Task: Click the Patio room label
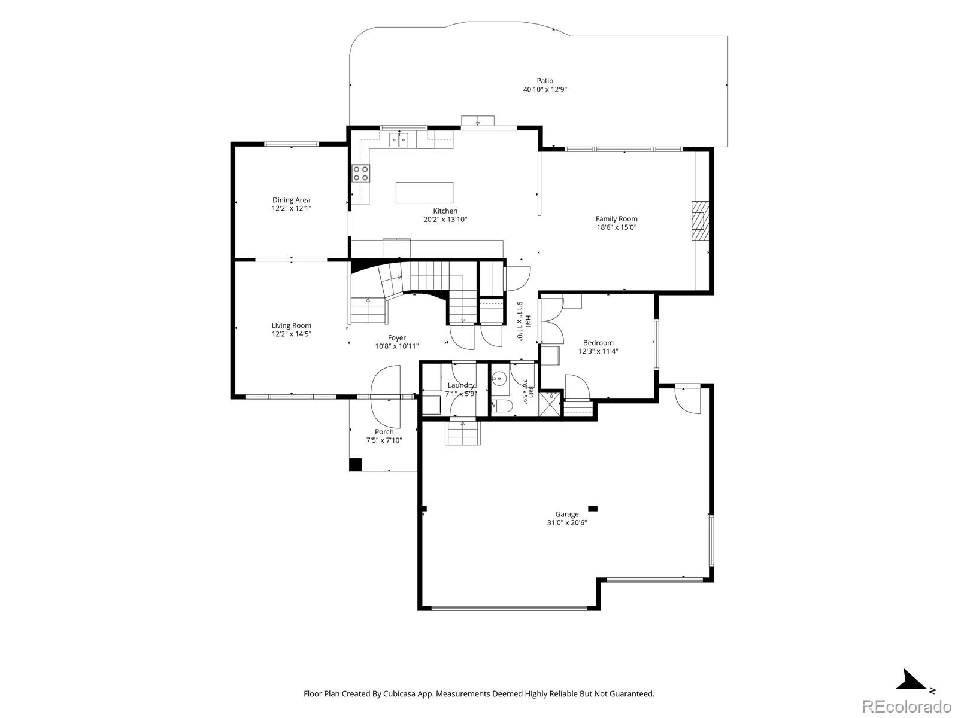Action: tap(545, 81)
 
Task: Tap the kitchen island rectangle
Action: tap(425, 193)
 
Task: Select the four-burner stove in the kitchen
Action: tap(361, 173)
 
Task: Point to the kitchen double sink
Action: tap(399, 140)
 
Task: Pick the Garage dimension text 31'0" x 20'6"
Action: tap(567, 522)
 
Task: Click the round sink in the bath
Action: tap(499, 378)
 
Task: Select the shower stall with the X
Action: tap(550, 404)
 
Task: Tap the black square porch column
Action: tap(356, 465)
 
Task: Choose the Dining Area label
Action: tap(292, 200)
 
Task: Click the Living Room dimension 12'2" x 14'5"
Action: tap(292, 334)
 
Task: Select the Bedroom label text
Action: tap(598, 343)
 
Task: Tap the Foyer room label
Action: tap(397, 338)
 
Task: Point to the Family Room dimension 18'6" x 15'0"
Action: tap(617, 227)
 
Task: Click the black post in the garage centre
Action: tap(593, 509)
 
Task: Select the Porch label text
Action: tap(384, 431)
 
